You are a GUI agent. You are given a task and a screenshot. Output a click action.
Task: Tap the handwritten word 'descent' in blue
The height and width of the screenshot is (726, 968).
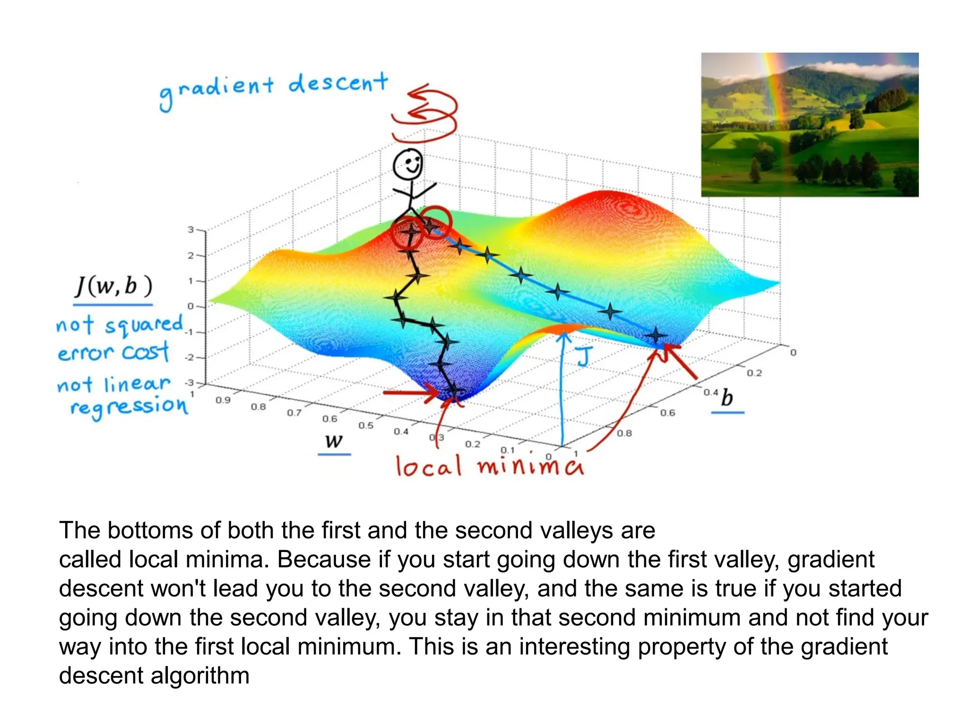point(338,84)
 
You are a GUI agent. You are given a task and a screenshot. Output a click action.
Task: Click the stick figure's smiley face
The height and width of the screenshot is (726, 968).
point(408,164)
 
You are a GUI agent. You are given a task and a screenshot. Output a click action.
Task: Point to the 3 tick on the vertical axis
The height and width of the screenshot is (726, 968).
point(190,230)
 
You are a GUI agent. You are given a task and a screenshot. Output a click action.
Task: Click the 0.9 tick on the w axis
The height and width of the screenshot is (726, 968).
point(223,400)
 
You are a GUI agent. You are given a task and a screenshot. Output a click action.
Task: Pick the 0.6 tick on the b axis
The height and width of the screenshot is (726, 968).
point(667,413)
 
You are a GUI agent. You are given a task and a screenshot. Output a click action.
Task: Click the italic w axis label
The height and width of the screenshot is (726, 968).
point(334,441)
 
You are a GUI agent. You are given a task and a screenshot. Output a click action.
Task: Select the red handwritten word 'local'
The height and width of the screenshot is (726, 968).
point(428,466)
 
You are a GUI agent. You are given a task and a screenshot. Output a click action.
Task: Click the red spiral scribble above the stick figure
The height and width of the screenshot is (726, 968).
point(425,113)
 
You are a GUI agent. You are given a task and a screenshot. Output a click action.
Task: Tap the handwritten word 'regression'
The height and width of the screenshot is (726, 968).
point(129,406)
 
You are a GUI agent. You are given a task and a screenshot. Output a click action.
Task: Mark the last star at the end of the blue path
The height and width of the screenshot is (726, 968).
point(656,336)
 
